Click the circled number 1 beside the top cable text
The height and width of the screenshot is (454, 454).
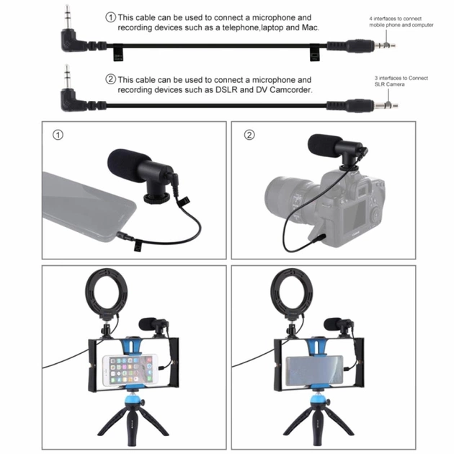[x=110, y=17]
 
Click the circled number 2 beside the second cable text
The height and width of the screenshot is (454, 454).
[x=110, y=79]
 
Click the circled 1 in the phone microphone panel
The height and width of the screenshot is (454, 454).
[x=58, y=135]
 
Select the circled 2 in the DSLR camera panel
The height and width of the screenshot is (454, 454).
[x=249, y=135]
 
